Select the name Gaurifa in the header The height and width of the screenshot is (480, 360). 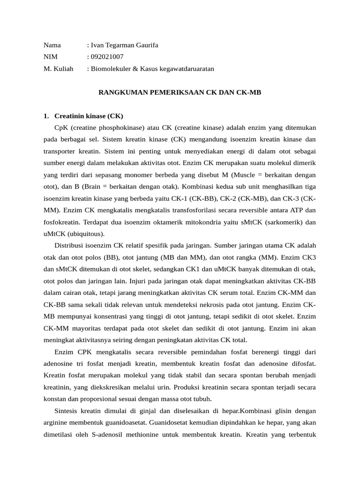[x=145, y=45]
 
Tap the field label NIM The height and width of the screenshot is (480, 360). [x=50, y=57]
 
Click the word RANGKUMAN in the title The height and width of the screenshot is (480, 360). [x=121, y=92]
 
